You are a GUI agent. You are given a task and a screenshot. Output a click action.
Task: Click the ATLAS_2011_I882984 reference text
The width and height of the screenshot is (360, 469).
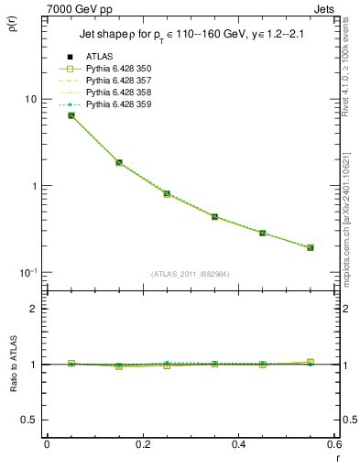point(190,274)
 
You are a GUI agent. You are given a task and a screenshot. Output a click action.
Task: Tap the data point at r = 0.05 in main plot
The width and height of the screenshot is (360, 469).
point(71,115)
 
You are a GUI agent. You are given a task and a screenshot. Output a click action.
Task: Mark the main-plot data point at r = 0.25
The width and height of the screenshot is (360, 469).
point(167,193)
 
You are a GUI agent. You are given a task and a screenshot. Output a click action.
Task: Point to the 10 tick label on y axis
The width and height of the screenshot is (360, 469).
point(29,99)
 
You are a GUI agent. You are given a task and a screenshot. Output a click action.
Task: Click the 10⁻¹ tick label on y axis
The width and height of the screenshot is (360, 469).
point(27,272)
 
